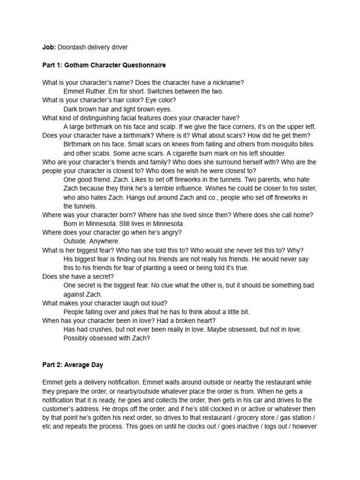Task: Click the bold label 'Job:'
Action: pos(49,47)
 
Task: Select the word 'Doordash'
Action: pos(73,47)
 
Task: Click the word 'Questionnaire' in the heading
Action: pos(143,65)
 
